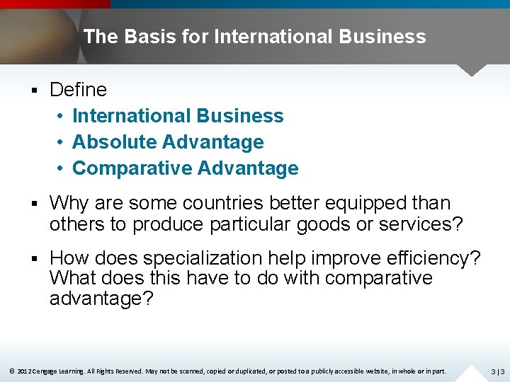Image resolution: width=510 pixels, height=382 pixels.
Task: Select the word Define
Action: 78,90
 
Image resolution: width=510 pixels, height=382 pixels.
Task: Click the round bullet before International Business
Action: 62,116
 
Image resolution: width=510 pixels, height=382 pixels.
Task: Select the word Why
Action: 69,203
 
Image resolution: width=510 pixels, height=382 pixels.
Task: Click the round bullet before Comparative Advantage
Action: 62,168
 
